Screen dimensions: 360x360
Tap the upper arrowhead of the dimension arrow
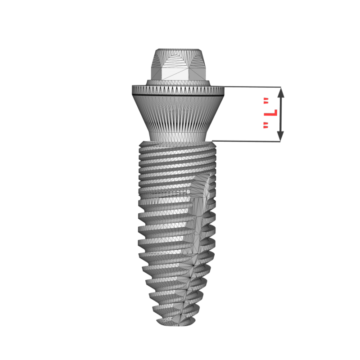tap(280, 92)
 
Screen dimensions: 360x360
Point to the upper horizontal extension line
tap(252, 86)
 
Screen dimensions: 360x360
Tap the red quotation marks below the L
tap(266, 126)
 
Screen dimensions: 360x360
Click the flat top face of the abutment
tap(178, 49)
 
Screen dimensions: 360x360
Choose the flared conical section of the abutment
tap(178, 115)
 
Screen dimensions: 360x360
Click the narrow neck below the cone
tap(178, 136)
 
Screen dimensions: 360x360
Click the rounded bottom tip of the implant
tap(177, 322)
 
